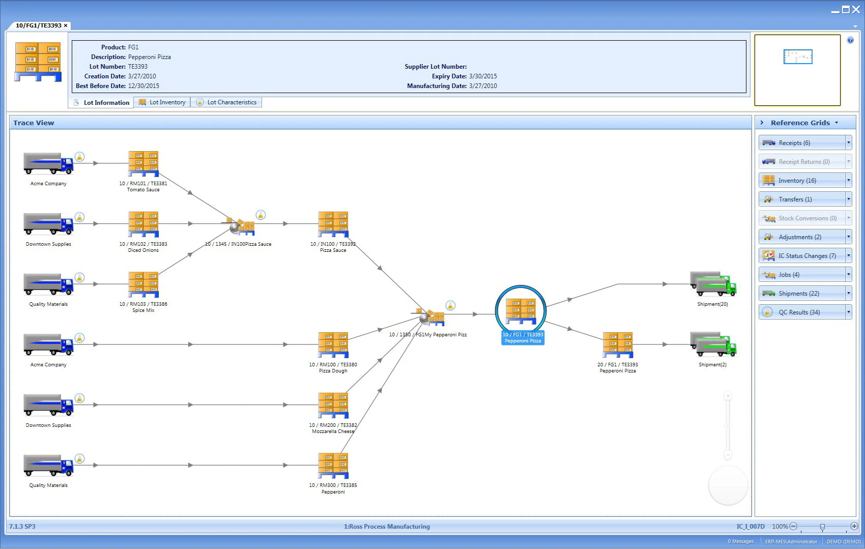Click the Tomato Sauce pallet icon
(143, 163)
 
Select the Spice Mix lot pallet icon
(143, 284)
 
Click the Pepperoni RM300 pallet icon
(333, 465)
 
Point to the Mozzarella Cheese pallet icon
(333, 405)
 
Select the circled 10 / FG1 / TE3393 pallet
(521, 311)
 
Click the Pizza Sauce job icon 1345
(239, 226)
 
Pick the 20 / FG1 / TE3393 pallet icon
(618, 344)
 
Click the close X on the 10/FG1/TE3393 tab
(66, 25)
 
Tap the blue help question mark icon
(850, 40)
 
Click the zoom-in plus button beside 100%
(854, 526)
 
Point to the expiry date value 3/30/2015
(483, 76)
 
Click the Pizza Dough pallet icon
(333, 344)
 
